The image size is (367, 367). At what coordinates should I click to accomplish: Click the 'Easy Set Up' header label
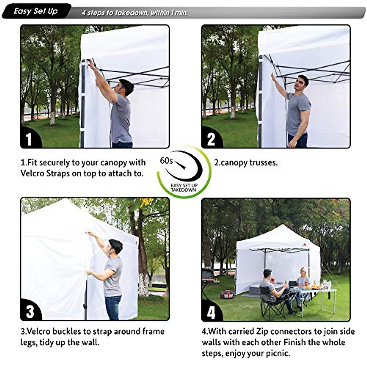pos(36,12)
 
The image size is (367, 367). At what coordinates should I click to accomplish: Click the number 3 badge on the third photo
pos(30,311)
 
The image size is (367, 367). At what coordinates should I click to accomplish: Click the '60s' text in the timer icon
pos(166,161)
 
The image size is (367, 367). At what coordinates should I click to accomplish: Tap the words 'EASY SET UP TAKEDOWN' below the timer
pos(184,188)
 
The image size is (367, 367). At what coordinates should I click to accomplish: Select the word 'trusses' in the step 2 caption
pos(263,162)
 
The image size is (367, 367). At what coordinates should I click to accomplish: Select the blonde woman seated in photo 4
pos(303,278)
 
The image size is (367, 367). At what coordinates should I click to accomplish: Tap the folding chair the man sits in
pos(271,303)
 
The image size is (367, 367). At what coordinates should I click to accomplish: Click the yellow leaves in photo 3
pos(146,202)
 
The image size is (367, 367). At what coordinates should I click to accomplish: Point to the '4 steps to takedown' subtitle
pos(135,13)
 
